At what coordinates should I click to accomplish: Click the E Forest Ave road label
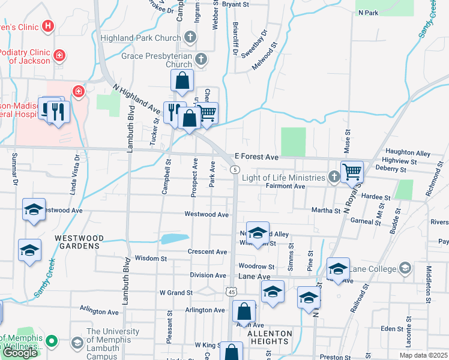[256, 157]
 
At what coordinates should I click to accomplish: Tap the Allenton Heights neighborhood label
[270, 337]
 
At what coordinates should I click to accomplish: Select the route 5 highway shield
[234, 170]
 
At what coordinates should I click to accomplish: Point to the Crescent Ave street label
[207, 252]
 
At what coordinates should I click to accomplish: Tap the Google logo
[20, 353]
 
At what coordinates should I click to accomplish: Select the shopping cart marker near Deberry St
[352, 172]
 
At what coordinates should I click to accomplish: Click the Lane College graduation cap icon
[405, 268]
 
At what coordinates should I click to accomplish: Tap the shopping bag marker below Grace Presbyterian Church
[182, 80]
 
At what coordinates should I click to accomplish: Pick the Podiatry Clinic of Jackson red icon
[59, 56]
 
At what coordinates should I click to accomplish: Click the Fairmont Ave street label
[286, 187]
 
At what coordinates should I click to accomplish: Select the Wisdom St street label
[151, 259]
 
